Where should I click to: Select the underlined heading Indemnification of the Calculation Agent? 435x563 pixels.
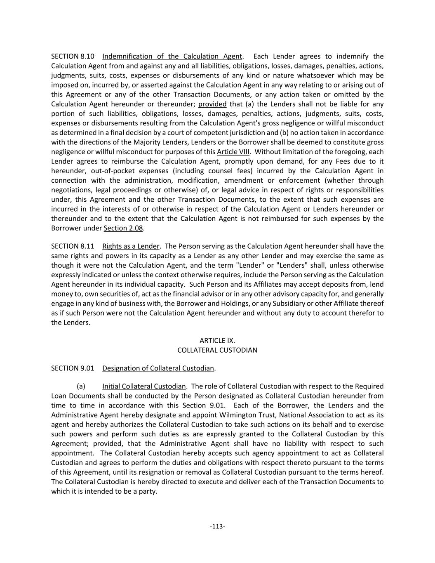172,57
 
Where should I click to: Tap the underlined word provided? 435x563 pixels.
212,104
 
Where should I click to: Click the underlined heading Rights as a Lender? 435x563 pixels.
131,246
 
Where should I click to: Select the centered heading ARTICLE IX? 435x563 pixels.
217,341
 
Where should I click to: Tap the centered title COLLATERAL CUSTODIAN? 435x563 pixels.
217,350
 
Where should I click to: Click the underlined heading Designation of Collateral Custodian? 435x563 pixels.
158,368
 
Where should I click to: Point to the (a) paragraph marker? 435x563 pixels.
81,386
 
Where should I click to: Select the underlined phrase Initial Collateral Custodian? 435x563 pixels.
144,386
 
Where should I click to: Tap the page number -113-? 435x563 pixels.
217,526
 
